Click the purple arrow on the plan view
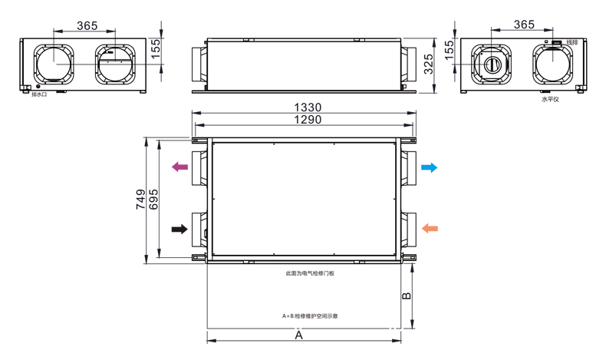point(180,167)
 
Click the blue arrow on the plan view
point(429,167)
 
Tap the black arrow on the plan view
point(180,229)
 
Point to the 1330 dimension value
point(305,107)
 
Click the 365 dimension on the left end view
point(87,25)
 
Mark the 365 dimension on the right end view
point(523,25)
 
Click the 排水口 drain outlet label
point(39,94)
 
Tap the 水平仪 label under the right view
point(550,99)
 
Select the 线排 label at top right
point(571,42)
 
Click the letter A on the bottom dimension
point(299,335)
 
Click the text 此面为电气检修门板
point(309,272)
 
